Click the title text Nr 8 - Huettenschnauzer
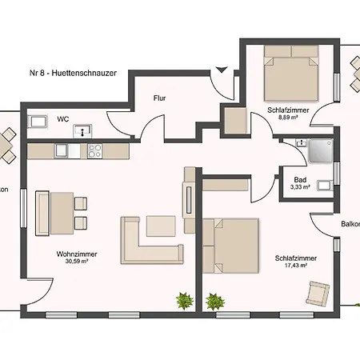pyautogui.click(x=73, y=73)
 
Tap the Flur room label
pyautogui.click(x=159, y=98)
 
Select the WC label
pyautogui.click(x=63, y=119)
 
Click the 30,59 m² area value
pyautogui.click(x=77, y=262)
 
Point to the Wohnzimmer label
pyautogui.click(x=77, y=254)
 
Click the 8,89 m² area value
pyautogui.click(x=288, y=118)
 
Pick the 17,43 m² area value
pyautogui.click(x=296, y=266)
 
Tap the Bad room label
pyautogui.click(x=300, y=180)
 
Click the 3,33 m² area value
pyautogui.click(x=300, y=187)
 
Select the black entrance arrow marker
pyautogui.click(x=222, y=70)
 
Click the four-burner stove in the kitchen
pyautogui.click(x=94, y=151)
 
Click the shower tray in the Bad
pyautogui.click(x=321, y=150)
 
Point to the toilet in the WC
pyautogui.click(x=37, y=122)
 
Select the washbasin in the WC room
pyautogui.click(x=82, y=131)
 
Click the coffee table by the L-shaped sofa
pyautogui.click(x=161, y=226)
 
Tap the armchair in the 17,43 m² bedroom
pyautogui.click(x=318, y=294)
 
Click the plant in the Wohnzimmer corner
pyautogui.click(x=185, y=301)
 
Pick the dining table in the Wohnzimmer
pyautogui.click(x=62, y=213)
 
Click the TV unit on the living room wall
pyautogui.click(x=189, y=200)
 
